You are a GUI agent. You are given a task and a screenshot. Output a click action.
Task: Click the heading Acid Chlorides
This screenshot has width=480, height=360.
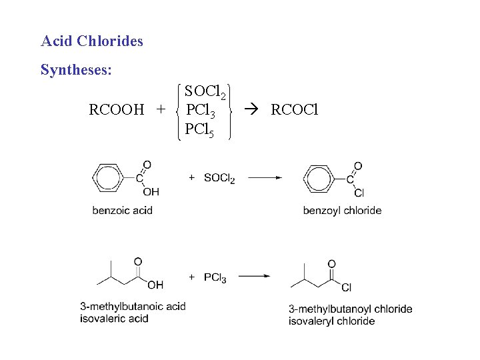pos(92,41)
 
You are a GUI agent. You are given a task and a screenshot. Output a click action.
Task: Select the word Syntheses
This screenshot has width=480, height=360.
pos(76,70)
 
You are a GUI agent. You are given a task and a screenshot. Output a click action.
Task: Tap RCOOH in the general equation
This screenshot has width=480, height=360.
pos(117,109)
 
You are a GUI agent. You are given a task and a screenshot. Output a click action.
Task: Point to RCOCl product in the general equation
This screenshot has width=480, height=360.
pos(295,109)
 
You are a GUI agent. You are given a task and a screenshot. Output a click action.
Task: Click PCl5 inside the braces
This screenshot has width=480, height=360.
pos(200,129)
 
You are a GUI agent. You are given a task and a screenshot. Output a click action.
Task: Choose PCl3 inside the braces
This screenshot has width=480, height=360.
pos(200,110)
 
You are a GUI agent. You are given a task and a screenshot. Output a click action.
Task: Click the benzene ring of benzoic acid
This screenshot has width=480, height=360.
pos(107,178)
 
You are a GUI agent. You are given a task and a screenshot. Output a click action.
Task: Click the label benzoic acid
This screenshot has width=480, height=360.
pos(122,211)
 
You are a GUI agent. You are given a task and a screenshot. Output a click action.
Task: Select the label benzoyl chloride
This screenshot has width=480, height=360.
pos(342,211)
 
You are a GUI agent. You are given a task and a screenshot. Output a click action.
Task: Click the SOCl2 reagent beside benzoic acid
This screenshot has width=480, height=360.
pos(219,178)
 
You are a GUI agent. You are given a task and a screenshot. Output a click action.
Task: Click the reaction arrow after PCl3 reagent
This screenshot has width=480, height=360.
pos(253,276)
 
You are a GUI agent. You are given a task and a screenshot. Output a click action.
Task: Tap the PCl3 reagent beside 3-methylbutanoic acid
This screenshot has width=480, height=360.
pos(215,277)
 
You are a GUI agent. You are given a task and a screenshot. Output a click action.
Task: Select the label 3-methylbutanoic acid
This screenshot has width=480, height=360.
pos(133,307)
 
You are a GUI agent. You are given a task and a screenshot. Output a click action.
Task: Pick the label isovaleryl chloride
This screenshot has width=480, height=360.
pos(331,321)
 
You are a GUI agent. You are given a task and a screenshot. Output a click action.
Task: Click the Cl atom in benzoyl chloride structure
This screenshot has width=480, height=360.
pos(359,193)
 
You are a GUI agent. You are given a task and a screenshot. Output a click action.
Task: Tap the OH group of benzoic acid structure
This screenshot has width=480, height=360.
pos(151,192)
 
